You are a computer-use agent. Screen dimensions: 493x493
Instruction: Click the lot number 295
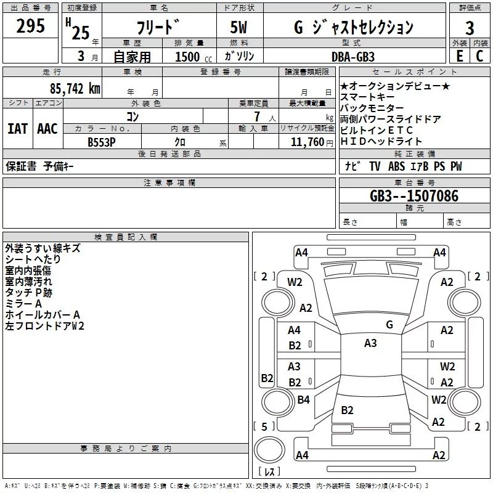30,26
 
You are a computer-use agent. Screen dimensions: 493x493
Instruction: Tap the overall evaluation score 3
470,28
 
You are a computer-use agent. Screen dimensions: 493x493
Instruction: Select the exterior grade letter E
459,55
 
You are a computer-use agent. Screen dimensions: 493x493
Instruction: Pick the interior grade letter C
479,55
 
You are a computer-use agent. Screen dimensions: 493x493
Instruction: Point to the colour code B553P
102,142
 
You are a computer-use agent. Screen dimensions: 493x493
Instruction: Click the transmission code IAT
17,129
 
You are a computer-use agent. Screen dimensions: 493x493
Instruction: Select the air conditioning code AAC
47,129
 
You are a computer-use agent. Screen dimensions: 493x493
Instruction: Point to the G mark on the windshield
389,324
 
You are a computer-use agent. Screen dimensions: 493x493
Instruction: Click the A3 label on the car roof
370,343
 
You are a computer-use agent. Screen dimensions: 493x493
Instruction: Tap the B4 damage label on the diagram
303,400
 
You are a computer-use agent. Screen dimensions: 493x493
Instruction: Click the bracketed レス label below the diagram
269,471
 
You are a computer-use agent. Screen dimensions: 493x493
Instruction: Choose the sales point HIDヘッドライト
381,141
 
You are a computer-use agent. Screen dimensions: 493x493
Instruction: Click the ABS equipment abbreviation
397,166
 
